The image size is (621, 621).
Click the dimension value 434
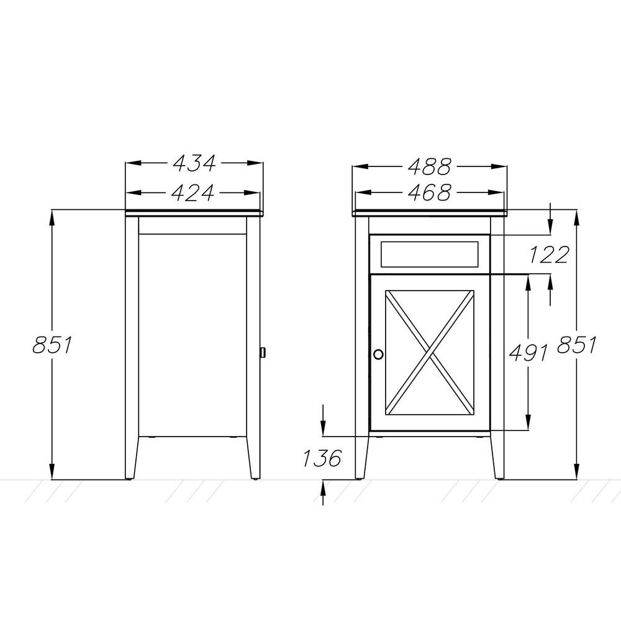pyautogui.click(x=194, y=163)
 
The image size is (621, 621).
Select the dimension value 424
pyautogui.click(x=193, y=193)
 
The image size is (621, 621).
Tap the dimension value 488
pyautogui.click(x=429, y=166)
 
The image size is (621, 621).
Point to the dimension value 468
pyautogui.click(x=429, y=193)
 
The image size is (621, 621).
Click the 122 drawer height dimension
pyautogui.click(x=549, y=255)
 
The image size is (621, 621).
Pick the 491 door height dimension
pyautogui.click(x=528, y=353)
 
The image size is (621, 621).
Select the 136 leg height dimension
pyautogui.click(x=322, y=458)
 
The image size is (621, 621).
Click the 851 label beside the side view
pyautogui.click(x=52, y=345)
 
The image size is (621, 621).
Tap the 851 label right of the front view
pyautogui.click(x=576, y=345)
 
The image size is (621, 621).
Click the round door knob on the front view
pyautogui.click(x=378, y=354)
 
